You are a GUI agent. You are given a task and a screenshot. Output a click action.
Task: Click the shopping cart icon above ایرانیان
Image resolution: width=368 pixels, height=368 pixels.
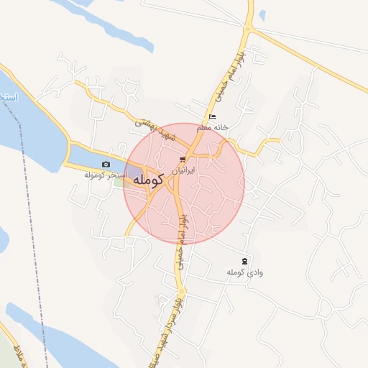[x=182, y=160]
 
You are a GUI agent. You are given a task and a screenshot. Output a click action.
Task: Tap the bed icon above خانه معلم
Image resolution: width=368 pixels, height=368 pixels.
[x=211, y=116]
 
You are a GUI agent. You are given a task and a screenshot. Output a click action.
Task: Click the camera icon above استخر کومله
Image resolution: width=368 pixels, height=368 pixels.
[x=107, y=165]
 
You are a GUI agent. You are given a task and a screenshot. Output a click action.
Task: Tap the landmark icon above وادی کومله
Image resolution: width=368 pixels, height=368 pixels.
[x=244, y=261]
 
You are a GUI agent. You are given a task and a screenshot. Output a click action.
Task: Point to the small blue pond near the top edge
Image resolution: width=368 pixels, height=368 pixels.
[x=262, y=14]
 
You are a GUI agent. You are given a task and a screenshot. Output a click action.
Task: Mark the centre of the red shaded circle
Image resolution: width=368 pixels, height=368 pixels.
[x=184, y=183]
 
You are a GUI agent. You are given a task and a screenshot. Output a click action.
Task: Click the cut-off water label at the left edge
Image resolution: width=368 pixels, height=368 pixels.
[x=7, y=96]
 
